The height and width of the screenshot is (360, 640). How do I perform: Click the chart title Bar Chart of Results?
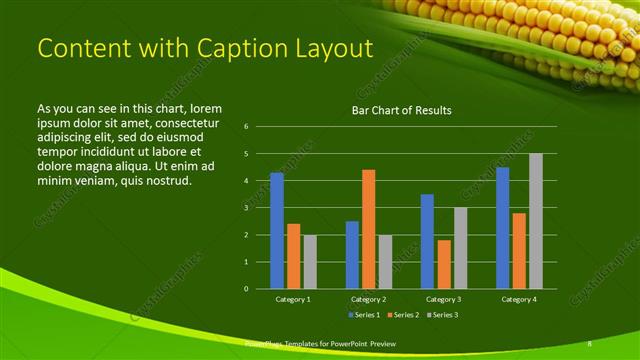coord(401,110)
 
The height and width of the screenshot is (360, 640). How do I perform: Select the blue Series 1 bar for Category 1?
coord(277,231)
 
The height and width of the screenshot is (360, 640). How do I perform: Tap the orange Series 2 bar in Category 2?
coord(368,229)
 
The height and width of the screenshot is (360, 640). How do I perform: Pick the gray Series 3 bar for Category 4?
coord(535,221)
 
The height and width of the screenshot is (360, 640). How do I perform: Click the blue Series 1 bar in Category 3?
coord(427,241)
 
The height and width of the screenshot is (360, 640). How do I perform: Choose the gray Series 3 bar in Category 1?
coord(309,262)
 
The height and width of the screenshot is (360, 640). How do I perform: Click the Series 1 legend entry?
coord(364,315)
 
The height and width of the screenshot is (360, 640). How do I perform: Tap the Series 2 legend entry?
coord(403,315)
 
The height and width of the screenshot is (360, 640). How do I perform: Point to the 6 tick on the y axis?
coord(246,127)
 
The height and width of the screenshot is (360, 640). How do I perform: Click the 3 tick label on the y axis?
coord(246,208)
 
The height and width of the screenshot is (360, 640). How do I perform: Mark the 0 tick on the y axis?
coord(246,289)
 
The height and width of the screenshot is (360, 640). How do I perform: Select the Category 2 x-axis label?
coord(368,299)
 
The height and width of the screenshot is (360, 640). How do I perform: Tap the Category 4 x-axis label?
coord(518,299)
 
